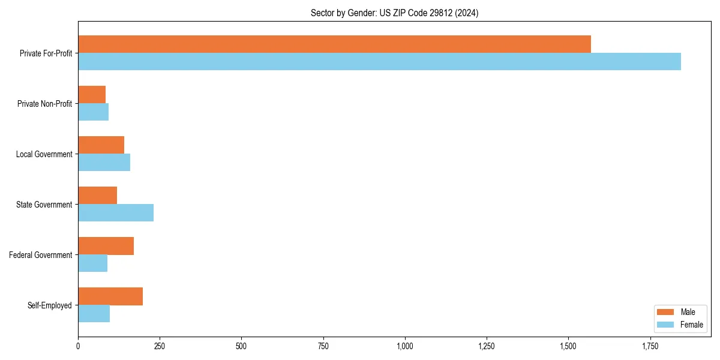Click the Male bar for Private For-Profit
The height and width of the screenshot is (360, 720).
[x=334, y=44]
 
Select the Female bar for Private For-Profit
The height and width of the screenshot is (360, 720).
[x=379, y=62]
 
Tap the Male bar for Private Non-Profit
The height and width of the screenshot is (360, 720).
[x=92, y=95]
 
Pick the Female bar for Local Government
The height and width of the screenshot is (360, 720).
[x=104, y=163]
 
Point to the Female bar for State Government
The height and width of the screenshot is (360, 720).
[x=116, y=213]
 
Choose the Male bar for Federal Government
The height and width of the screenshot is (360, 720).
[x=106, y=246]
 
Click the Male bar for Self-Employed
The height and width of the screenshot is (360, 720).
[x=110, y=296]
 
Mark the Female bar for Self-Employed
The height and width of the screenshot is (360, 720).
[x=94, y=314]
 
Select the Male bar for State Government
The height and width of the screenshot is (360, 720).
[x=97, y=196]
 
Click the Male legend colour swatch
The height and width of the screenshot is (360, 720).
[x=666, y=312]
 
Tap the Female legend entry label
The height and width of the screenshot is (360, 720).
[x=691, y=325]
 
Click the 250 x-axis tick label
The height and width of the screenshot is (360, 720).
[x=160, y=346]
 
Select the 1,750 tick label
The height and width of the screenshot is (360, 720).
[x=650, y=346]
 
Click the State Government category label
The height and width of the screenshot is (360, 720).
[x=44, y=205]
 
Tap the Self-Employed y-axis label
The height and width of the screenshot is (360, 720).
[x=49, y=305]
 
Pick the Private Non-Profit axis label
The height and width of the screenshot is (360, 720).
[x=44, y=104]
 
